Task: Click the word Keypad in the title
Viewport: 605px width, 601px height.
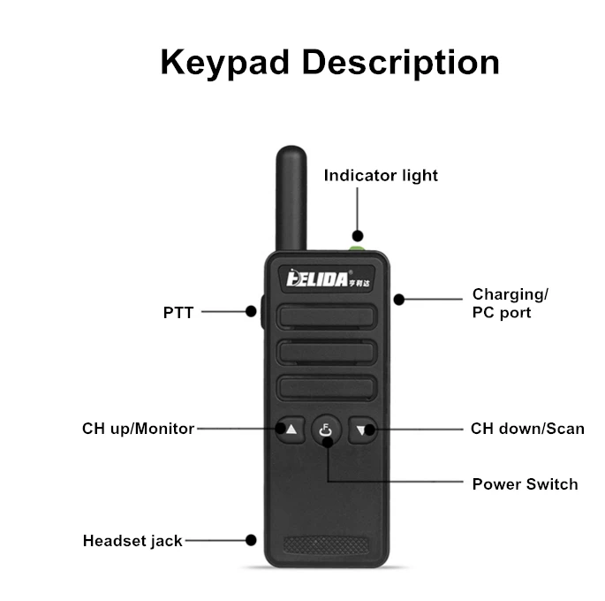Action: click(224, 64)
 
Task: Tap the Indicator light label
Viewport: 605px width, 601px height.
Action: click(381, 175)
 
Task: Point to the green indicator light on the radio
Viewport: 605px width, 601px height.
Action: click(357, 237)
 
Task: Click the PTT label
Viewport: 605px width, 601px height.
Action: click(178, 312)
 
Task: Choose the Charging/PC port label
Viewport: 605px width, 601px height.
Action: click(510, 303)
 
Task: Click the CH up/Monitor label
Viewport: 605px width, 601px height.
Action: click(139, 429)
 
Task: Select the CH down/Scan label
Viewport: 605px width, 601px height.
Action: click(527, 429)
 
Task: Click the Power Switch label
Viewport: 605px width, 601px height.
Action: click(525, 483)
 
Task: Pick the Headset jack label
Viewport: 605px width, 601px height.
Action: click(132, 540)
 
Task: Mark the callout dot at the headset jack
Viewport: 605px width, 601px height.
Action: click(252, 539)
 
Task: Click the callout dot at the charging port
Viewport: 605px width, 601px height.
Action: click(399, 299)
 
